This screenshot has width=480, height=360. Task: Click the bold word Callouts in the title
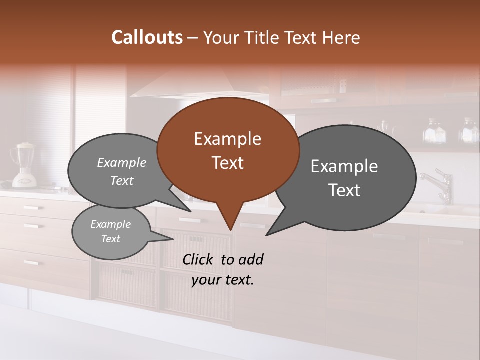(x=147, y=37)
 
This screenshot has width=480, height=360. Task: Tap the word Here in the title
(x=342, y=38)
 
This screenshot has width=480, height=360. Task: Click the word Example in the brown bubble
(x=227, y=139)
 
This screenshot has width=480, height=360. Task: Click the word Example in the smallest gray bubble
(x=110, y=224)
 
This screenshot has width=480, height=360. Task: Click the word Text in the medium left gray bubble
(x=122, y=180)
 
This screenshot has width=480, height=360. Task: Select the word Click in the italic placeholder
(x=198, y=259)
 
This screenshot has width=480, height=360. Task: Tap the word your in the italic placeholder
(x=204, y=280)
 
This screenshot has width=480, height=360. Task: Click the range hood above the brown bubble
(x=200, y=85)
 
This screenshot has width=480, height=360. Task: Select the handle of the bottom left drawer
(x=31, y=262)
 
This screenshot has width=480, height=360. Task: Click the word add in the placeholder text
(x=251, y=259)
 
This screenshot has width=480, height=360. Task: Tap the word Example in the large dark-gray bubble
(x=344, y=166)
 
